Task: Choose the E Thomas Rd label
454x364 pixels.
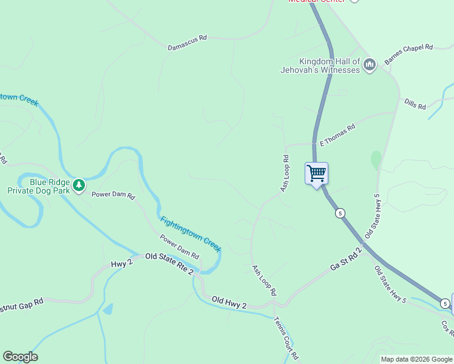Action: (337, 135)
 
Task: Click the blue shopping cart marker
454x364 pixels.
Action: (316, 174)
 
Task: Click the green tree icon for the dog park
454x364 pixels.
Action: (79, 185)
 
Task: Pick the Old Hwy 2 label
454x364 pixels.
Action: (229, 302)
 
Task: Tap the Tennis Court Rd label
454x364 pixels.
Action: (285, 337)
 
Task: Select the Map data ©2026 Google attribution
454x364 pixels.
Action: (416, 359)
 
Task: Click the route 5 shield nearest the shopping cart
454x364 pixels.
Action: (340, 213)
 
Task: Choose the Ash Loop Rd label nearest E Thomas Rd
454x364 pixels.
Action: (284, 174)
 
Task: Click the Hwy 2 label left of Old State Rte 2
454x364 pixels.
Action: (121, 265)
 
